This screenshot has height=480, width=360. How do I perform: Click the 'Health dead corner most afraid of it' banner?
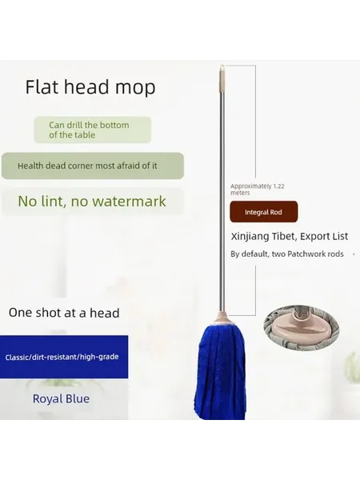pyautogui.click(x=93, y=166)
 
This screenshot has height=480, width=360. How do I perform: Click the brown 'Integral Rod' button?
pyautogui.click(x=263, y=212)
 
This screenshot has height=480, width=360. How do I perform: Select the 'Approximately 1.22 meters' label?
pyautogui.click(x=257, y=189)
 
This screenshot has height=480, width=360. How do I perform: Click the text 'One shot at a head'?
pyautogui.click(x=64, y=313)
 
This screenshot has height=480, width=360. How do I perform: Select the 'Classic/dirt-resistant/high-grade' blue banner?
pyautogui.click(x=64, y=357)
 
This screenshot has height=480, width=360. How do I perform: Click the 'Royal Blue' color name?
pyautogui.click(x=62, y=399)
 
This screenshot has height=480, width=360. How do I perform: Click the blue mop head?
pyautogui.click(x=220, y=370)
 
